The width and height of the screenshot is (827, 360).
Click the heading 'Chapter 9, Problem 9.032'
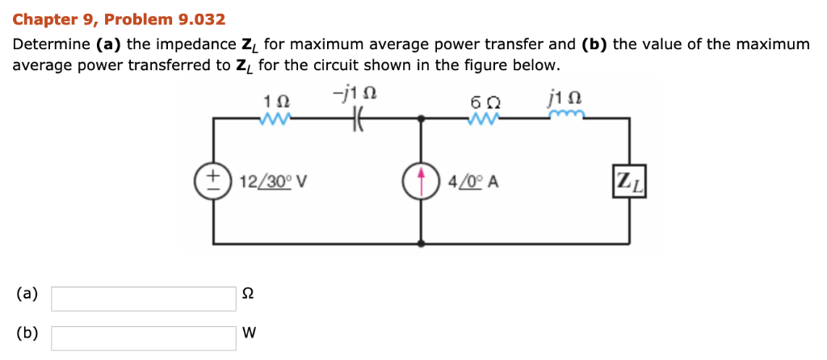[119, 19]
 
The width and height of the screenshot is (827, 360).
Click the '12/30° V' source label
[273, 182]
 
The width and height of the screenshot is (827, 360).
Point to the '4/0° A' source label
[472, 182]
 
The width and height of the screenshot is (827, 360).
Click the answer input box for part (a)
[144, 299]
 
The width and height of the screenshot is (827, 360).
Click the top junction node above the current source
[421, 119]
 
